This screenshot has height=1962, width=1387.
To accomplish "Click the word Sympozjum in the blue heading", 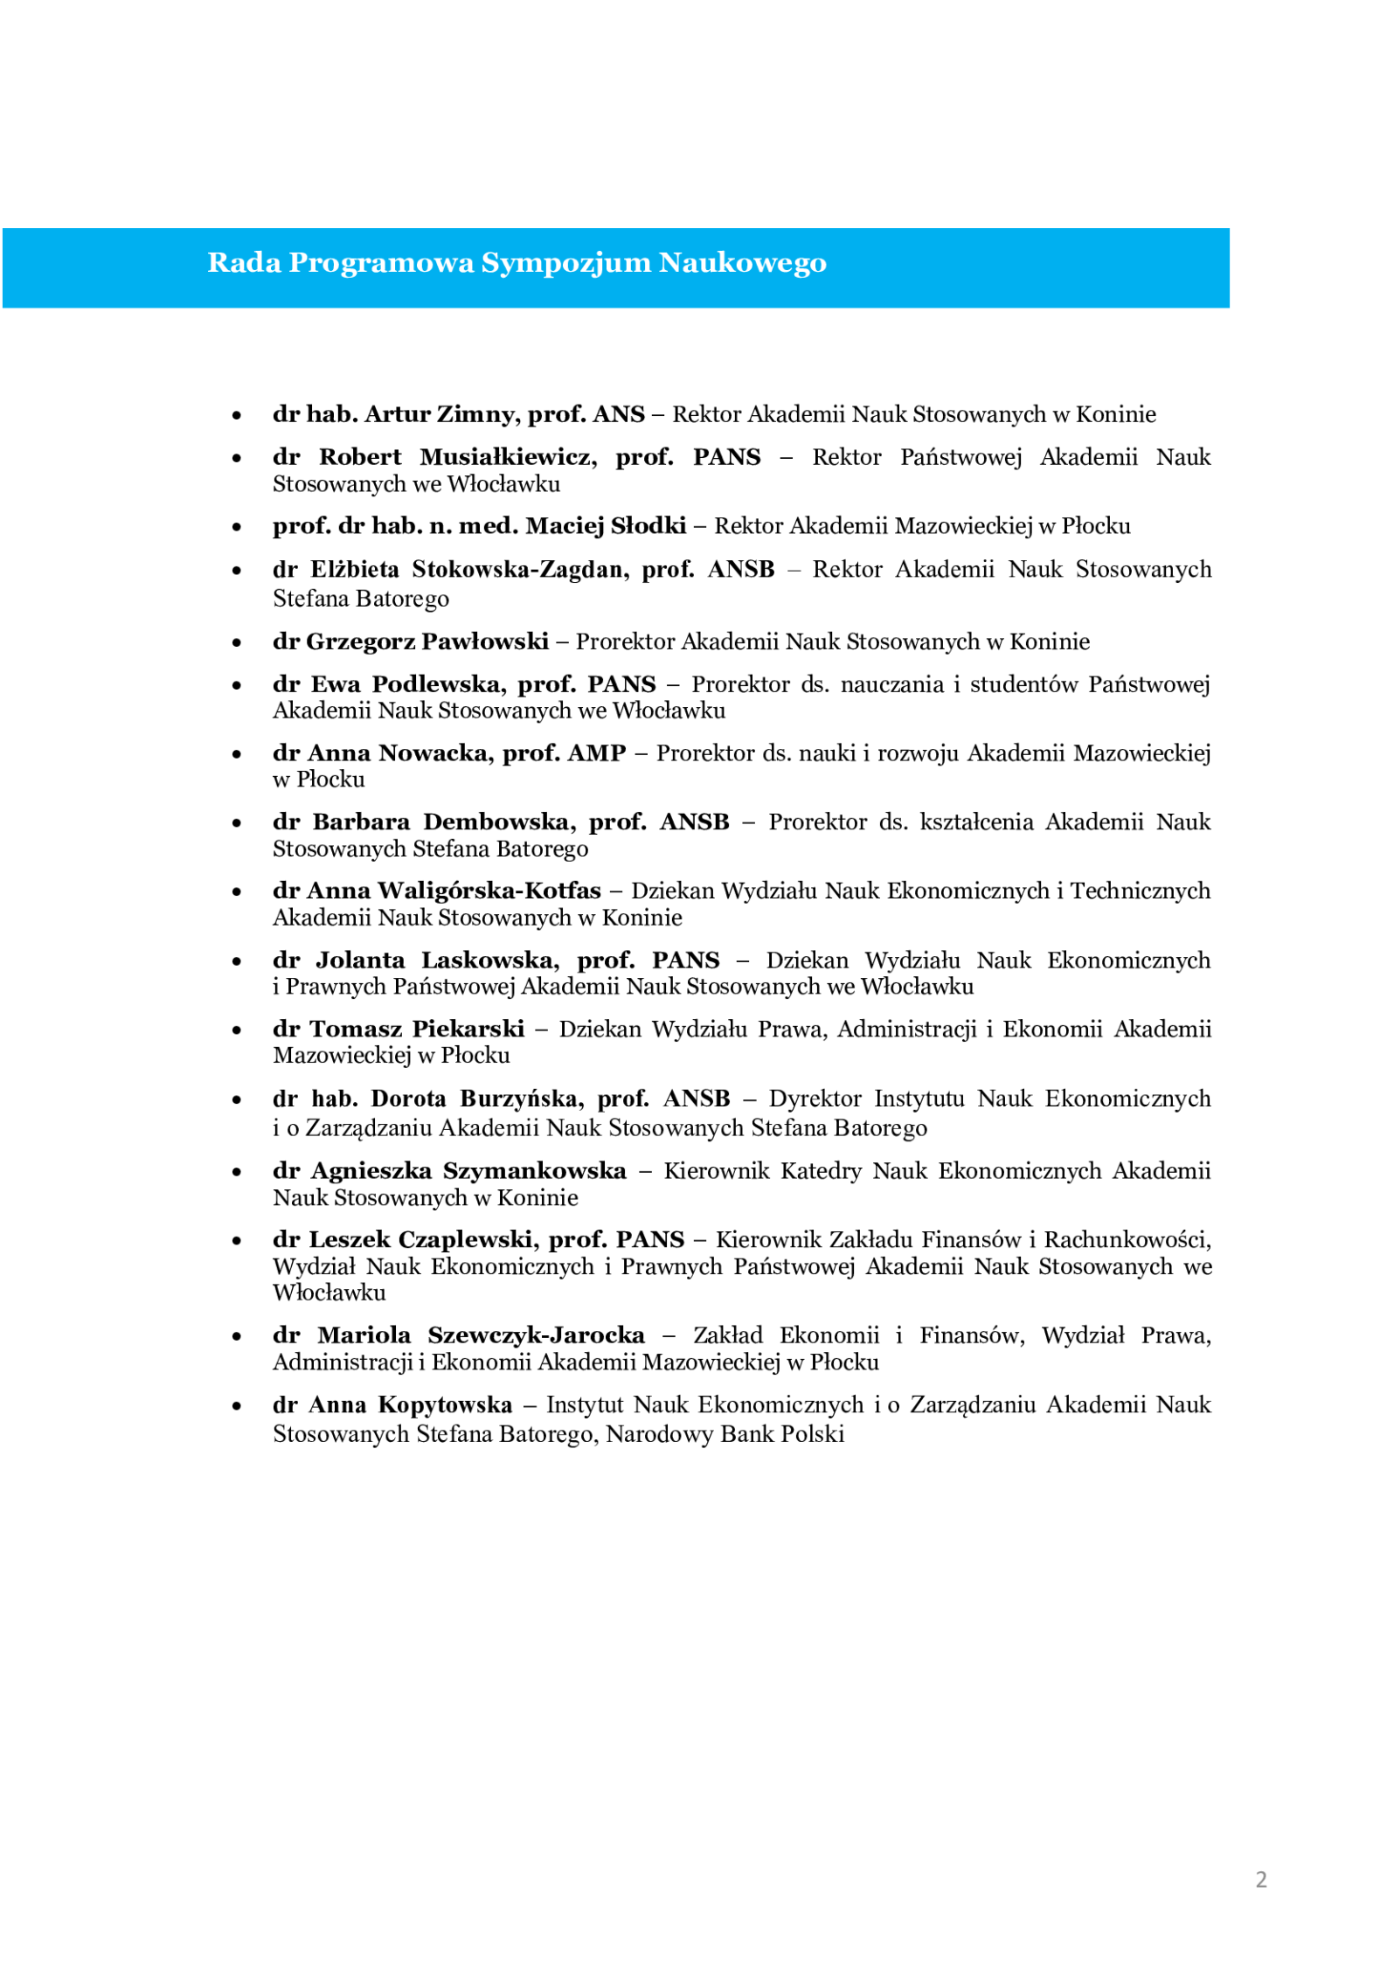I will coord(566,263).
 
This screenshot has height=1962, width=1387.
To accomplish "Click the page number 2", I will coord(1260,1880).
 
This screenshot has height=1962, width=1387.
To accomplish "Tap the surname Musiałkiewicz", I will coord(508,457).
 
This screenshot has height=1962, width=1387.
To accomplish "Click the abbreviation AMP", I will coord(597,753).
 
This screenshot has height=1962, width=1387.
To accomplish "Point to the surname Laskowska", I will coord(490,960).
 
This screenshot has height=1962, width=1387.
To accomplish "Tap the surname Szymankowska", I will coord(534,1171).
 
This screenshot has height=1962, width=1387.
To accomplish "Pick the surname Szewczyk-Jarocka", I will coord(536,1335).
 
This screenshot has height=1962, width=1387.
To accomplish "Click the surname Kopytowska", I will coord(445,1404).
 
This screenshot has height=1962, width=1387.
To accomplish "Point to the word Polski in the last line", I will coord(813,1434).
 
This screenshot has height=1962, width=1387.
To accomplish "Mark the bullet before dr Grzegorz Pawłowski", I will coord(237,643).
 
